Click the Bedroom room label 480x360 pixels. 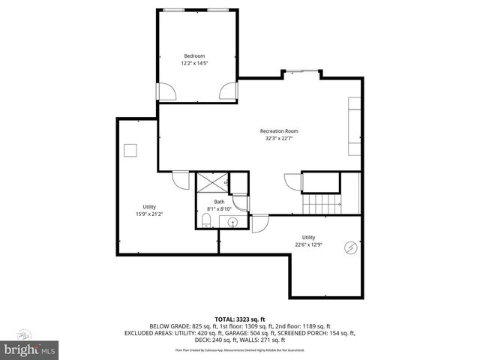194,56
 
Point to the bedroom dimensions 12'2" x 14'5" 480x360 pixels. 194,64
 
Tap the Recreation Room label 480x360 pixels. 279,131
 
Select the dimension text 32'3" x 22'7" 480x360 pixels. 279,139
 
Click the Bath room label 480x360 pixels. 219,202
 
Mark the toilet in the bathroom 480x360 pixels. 205,220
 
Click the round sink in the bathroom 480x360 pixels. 232,222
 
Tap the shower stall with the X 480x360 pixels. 211,182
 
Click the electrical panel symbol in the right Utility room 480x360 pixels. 350,247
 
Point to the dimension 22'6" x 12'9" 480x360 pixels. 308,244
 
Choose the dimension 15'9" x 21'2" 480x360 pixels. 149,214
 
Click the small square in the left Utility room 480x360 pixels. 131,151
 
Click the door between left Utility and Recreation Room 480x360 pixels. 181,181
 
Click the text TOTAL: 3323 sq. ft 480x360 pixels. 240,319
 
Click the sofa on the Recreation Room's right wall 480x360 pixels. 354,125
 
